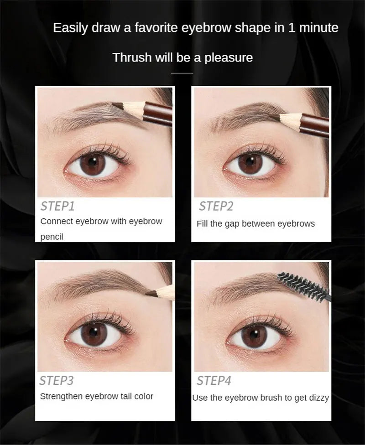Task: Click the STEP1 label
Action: tap(57, 206)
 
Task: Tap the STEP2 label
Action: tap(216, 206)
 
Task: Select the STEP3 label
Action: tap(57, 380)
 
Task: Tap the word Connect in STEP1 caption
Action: tap(56, 222)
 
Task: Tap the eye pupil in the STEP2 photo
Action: tap(250, 163)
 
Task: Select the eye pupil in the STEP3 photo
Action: tap(94, 335)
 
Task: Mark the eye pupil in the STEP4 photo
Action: tap(252, 336)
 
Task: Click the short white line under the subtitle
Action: tap(182, 72)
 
